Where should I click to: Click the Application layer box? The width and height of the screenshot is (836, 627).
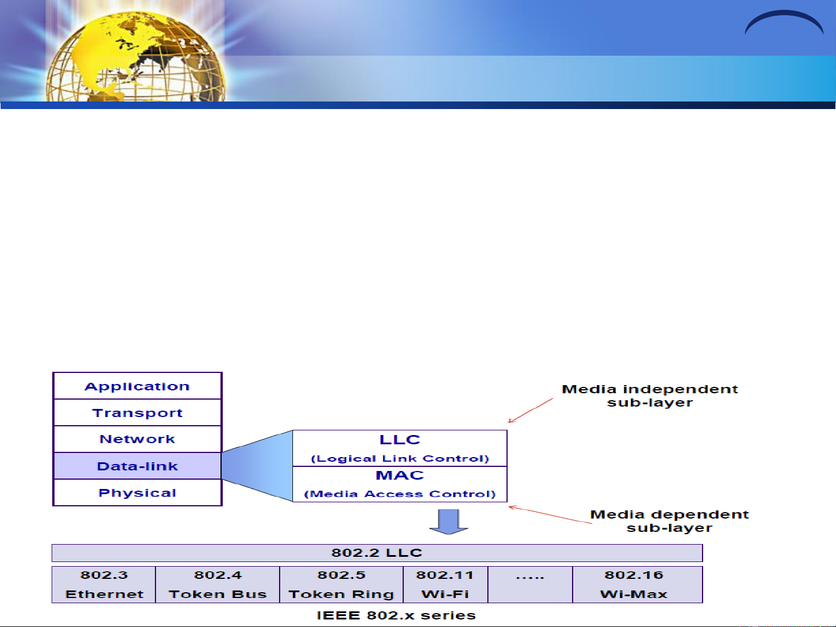[137, 386]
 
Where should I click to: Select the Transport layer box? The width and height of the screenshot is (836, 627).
[137, 412]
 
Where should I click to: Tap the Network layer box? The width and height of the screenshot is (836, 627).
[137, 439]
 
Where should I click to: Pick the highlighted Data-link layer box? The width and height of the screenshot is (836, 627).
[137, 466]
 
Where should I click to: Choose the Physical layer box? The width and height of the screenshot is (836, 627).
[137, 492]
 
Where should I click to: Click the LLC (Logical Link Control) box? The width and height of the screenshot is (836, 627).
[400, 448]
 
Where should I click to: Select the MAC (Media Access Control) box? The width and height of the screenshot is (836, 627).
[400, 484]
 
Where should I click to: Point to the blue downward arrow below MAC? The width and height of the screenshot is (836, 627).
[448, 522]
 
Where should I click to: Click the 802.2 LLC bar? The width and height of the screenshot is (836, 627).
[377, 553]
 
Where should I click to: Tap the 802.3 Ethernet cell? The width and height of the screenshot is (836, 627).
[104, 585]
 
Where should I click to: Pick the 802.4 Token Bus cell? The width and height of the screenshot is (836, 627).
[218, 585]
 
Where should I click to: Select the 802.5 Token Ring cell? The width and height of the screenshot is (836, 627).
[341, 585]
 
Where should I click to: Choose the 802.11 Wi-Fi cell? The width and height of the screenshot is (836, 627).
[446, 585]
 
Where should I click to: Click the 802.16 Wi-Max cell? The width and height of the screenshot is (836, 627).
[638, 585]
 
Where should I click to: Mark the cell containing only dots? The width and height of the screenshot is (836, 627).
[530, 585]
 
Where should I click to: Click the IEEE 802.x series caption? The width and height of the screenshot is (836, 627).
[396, 615]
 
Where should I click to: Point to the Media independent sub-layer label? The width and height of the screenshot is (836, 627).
[650, 396]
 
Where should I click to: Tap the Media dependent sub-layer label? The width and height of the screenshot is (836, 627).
[669, 521]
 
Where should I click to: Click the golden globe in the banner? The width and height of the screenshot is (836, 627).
[136, 57]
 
